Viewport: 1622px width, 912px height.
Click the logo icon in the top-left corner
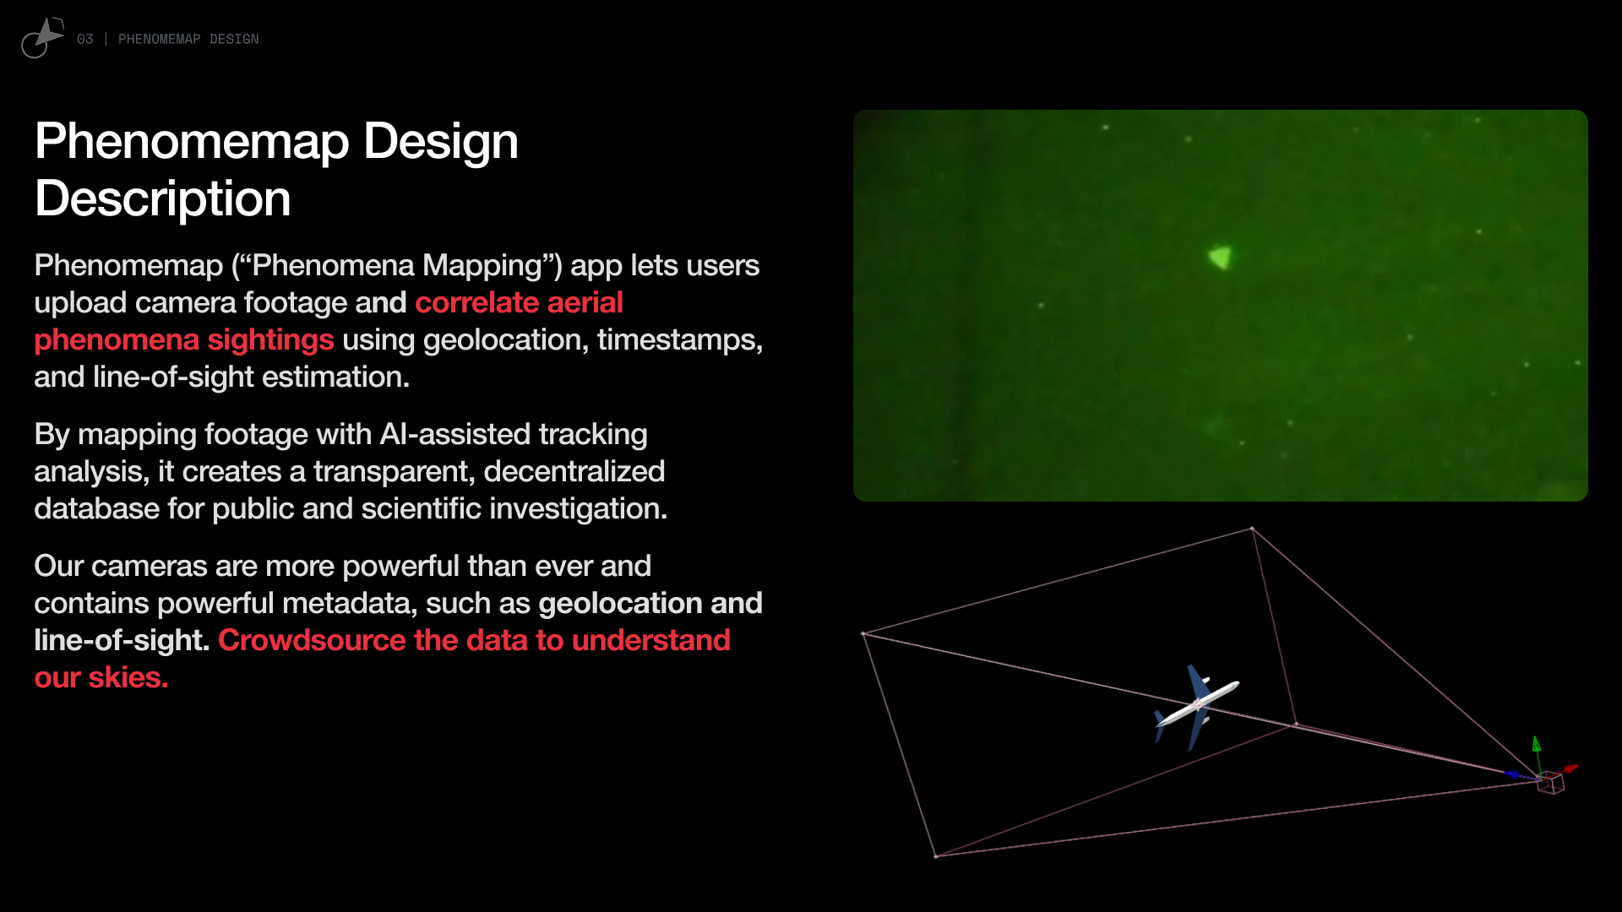point(42,38)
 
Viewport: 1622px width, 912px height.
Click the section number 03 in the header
point(84,39)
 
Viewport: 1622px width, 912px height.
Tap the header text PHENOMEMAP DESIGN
point(188,39)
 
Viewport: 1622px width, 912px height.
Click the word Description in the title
point(163,198)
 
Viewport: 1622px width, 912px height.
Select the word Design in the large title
point(441,142)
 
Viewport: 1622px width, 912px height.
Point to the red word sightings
point(271,340)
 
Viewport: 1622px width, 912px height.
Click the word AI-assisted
point(455,434)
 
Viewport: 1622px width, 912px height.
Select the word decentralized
point(574,471)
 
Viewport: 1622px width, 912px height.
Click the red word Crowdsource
point(313,640)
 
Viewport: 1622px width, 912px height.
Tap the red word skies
point(128,677)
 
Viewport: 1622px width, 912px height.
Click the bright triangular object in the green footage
point(1220,257)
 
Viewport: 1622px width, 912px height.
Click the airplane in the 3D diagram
point(1197,707)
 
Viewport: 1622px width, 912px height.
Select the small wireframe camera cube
point(1551,783)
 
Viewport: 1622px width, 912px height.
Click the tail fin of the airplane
point(1159,725)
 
